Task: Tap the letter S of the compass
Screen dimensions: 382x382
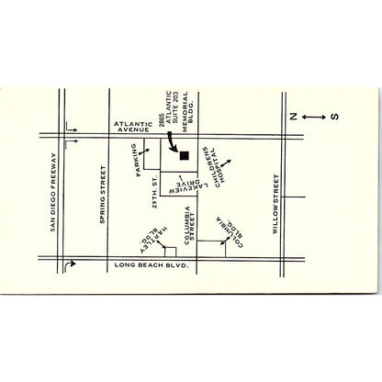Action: (335, 117)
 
